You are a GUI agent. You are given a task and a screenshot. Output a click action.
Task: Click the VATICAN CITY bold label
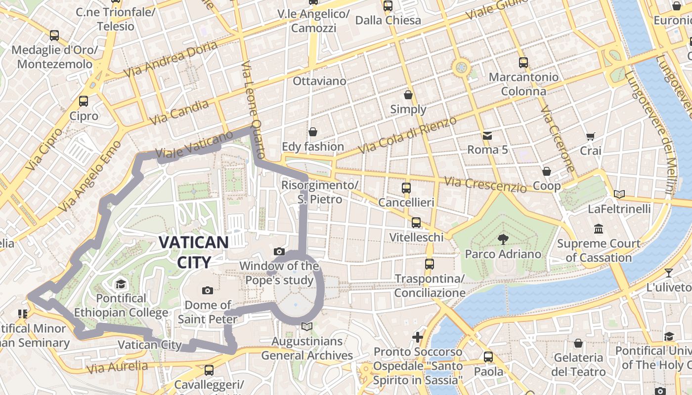pyautogui.click(x=194, y=252)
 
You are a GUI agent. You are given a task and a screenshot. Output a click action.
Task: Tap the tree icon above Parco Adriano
pyautogui.click(x=503, y=239)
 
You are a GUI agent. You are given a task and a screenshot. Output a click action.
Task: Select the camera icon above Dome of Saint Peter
pyautogui.click(x=208, y=290)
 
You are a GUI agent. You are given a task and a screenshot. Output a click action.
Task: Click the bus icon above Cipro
pyautogui.click(x=84, y=101)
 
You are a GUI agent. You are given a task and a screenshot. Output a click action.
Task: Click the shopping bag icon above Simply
pyautogui.click(x=408, y=95)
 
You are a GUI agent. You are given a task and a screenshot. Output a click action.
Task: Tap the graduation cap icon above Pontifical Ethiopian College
pyautogui.click(x=121, y=284)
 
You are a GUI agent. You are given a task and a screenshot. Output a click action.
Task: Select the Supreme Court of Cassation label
pyautogui.click(x=599, y=250)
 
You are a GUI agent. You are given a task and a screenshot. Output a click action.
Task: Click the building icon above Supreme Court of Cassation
pyautogui.click(x=599, y=229)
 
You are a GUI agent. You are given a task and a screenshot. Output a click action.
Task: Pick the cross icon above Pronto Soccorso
pyautogui.click(x=418, y=337)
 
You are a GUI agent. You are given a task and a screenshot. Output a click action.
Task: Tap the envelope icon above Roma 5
pyautogui.click(x=487, y=135)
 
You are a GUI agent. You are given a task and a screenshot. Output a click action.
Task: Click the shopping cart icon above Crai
pyautogui.click(x=590, y=136)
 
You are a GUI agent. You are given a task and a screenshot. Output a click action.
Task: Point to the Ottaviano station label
pyautogui.click(x=319, y=80)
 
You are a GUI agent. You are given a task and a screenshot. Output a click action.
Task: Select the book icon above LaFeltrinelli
pyautogui.click(x=619, y=194)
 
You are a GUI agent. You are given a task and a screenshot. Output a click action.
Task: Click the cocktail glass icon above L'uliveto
pyautogui.click(x=668, y=273)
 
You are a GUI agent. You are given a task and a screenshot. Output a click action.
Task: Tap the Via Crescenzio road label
pyautogui.click(x=485, y=185)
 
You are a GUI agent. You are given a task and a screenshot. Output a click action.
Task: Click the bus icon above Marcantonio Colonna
pyautogui.click(x=523, y=63)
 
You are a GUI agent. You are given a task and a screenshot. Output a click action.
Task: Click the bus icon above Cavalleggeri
pyautogui.click(x=209, y=370)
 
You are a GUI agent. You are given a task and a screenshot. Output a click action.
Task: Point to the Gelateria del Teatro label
pyautogui.click(x=579, y=364)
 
